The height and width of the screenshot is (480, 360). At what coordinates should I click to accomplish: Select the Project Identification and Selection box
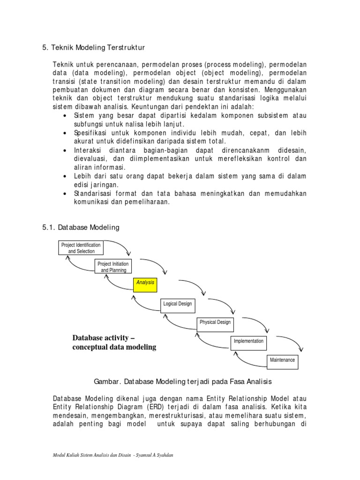81,248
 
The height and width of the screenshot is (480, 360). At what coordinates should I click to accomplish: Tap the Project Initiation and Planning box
113,267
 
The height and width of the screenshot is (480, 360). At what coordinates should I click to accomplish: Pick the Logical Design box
177,304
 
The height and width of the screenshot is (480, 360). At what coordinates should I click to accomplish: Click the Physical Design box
215,323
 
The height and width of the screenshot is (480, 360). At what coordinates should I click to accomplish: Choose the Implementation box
248,342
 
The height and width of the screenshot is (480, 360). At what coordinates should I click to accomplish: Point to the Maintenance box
282,360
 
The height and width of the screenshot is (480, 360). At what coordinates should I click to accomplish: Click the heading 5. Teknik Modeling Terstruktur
94,47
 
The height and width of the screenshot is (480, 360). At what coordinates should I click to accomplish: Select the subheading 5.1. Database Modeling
81,227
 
